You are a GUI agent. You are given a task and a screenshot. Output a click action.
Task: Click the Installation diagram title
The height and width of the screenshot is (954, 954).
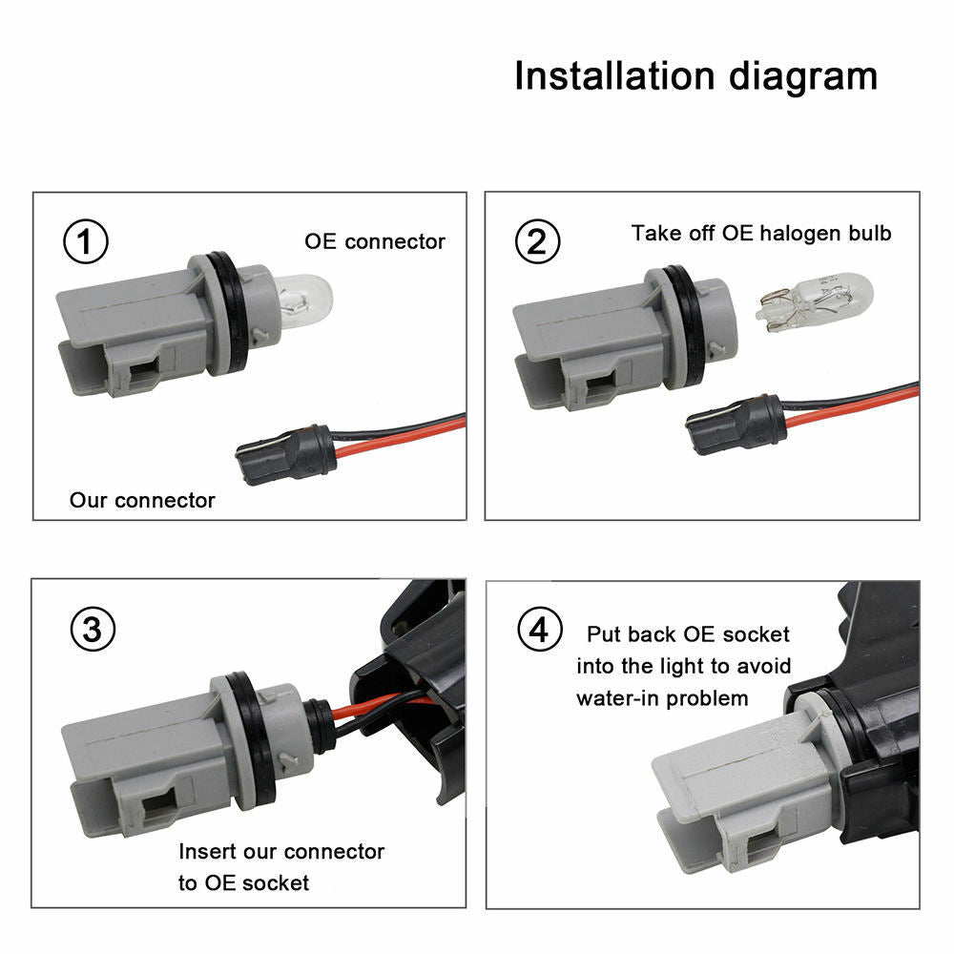point(695,75)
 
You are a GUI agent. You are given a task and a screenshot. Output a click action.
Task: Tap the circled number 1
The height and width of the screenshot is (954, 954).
point(86,243)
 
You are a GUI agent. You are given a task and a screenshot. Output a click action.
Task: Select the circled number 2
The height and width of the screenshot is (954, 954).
point(538,243)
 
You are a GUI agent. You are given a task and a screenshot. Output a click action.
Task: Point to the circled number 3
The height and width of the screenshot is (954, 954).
point(93,629)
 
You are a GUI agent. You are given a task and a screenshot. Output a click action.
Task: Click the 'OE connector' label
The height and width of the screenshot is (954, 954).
point(375,241)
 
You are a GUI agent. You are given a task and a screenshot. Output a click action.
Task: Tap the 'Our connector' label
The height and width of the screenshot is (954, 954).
point(142,500)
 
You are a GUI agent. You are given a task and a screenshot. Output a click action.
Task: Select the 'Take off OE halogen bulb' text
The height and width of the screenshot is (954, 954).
point(760,234)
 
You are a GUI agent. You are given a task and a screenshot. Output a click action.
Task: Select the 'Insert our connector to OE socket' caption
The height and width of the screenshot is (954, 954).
point(280,866)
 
